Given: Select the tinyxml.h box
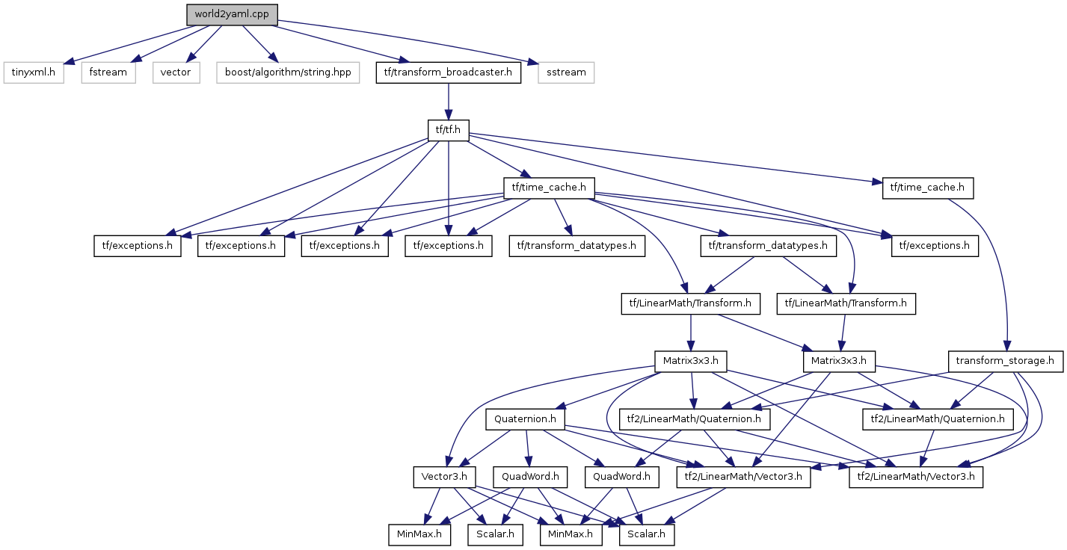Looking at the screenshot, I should pyautogui.click(x=34, y=72).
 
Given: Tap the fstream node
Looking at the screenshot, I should pyautogui.click(x=108, y=72).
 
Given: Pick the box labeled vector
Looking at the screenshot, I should pyautogui.click(x=176, y=72).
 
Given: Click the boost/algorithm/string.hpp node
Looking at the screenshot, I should pyautogui.click(x=288, y=72).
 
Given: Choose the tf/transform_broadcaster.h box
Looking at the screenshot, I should pyautogui.click(x=447, y=72).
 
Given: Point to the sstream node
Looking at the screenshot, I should pyautogui.click(x=566, y=72).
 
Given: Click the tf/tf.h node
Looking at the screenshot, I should pyautogui.click(x=448, y=130).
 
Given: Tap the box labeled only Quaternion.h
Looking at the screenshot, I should pyautogui.click(x=526, y=419).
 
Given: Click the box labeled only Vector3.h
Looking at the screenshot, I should pyautogui.click(x=445, y=476).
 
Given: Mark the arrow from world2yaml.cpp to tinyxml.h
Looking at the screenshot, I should pyautogui.click(x=127, y=43).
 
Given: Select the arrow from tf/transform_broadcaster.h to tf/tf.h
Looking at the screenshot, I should pyautogui.click(x=448, y=101).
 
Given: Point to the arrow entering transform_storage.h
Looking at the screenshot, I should pyautogui.click(x=994, y=269).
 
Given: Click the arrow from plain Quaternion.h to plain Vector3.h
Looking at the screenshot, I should pyautogui.click(x=485, y=448).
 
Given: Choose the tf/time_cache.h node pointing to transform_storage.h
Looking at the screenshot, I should pyautogui.click(x=928, y=188).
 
